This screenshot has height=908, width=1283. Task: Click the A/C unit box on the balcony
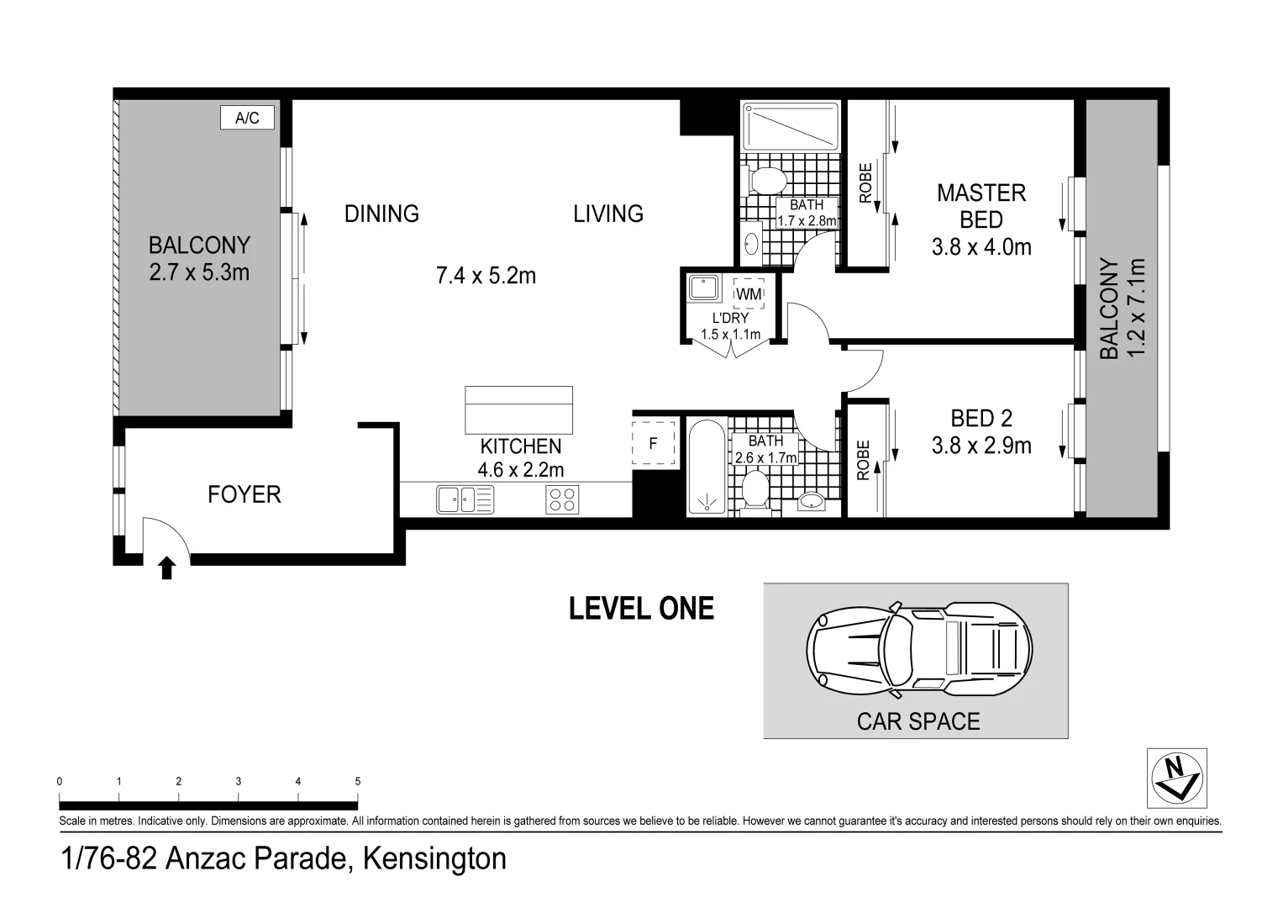pos(247,118)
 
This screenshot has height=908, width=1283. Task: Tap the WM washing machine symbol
pos(749,293)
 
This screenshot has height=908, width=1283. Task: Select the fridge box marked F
pos(654,443)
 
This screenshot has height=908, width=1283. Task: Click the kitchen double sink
pos(465,499)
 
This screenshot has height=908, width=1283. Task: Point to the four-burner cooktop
pos(562,499)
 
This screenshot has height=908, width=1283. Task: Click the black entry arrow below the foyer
pos(166,567)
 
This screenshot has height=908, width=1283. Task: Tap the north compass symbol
pos(1176,778)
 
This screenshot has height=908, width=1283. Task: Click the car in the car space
pos(919,649)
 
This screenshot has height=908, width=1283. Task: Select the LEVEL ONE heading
pos(642,609)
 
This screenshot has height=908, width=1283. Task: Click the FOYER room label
pos(244,494)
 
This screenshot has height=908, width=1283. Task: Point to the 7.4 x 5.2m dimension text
pos(486,276)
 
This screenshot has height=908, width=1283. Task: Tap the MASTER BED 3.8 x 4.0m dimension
pos(981,248)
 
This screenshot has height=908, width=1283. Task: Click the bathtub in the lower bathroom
pos(707,467)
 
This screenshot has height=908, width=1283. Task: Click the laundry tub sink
pos(703,288)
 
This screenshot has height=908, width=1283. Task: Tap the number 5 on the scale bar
pos(358,781)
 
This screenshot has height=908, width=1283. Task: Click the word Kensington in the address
pos(434,858)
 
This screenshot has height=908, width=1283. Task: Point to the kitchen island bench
pos(519,410)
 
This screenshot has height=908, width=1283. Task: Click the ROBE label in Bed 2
pos(863,460)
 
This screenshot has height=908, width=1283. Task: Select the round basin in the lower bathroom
pos(811,502)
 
